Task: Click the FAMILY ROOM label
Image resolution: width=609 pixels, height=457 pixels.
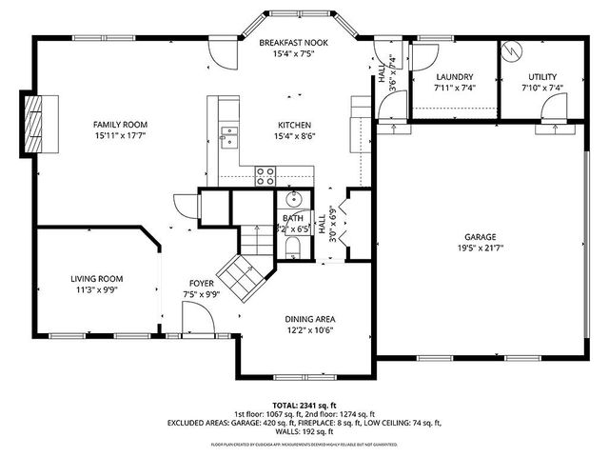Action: tap(120, 125)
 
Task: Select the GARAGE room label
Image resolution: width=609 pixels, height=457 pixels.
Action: tap(480, 237)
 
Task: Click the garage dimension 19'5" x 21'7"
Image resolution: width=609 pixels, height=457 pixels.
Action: tap(480, 248)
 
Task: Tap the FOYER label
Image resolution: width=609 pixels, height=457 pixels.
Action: tap(200, 284)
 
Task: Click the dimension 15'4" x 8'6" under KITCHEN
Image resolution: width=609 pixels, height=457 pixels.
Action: tap(293, 136)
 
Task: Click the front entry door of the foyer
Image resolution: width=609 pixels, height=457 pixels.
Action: tap(198, 328)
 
